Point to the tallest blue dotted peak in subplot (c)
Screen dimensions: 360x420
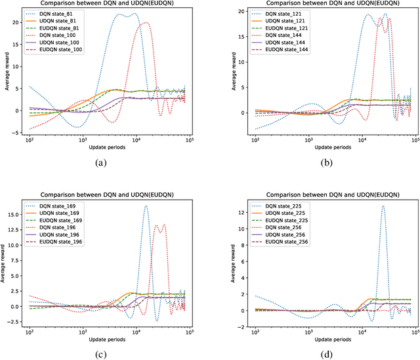coord(146,206)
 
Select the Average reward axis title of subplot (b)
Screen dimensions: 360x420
coord(227,77)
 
